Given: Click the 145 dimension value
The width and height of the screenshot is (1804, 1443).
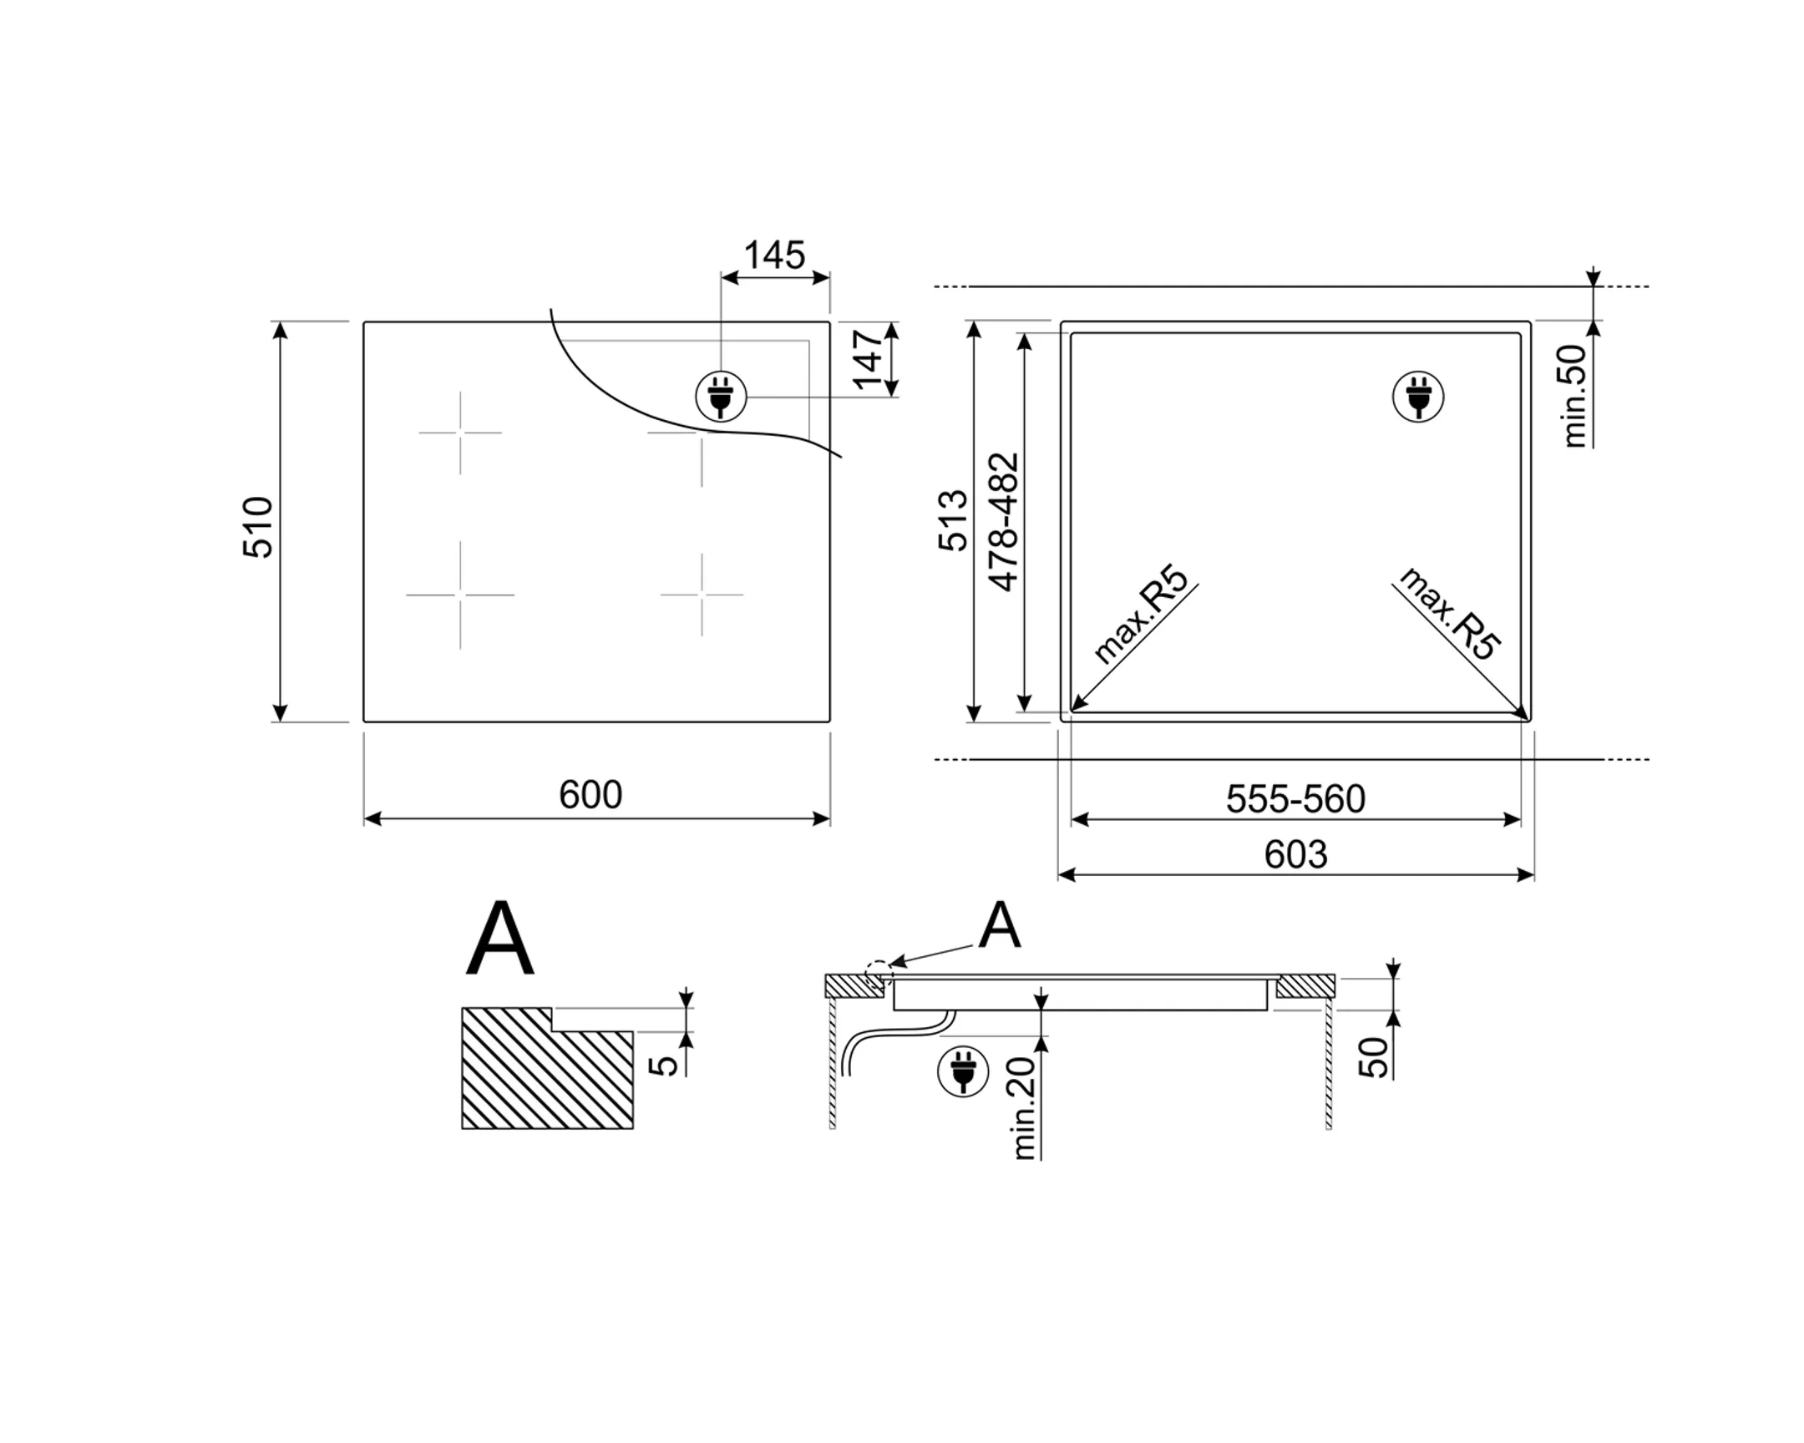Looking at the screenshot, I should tap(774, 256).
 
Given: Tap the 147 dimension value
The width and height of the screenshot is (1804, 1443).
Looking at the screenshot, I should tap(869, 359).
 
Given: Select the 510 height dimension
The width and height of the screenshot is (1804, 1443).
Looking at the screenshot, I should tap(258, 527).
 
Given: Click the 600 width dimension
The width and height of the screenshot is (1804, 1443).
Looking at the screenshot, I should tap(590, 795).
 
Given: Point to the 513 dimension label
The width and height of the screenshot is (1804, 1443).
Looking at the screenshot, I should tap(953, 520).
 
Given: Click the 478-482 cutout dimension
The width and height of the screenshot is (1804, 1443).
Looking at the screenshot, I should tap(1003, 522).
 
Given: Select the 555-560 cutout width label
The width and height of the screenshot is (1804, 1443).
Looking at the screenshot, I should tap(1295, 799).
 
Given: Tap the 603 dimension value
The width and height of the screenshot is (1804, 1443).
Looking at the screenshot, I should tap(1295, 854).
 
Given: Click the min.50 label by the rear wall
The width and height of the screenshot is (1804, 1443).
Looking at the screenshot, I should tap(1574, 396).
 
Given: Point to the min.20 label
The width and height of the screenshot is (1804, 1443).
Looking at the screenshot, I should tap(1024, 1107).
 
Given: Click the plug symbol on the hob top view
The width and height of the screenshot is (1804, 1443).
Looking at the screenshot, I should tap(722, 397).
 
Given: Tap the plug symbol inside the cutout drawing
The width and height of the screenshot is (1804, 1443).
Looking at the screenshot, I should tap(1417, 397).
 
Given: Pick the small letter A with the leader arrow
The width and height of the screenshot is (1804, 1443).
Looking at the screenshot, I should tap(999, 926).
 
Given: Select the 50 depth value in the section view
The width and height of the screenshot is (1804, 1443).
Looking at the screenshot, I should tap(1373, 1057).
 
